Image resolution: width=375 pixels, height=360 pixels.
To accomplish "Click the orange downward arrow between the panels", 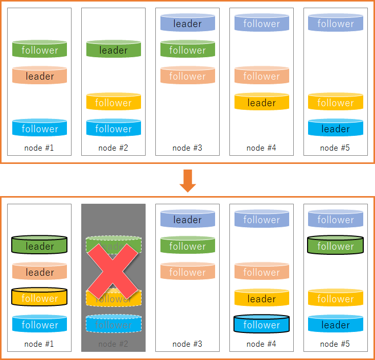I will click(x=188, y=180).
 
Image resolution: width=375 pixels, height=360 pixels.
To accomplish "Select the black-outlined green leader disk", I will click(x=39, y=245).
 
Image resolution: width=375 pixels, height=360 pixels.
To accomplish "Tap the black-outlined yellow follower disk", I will click(x=39, y=298).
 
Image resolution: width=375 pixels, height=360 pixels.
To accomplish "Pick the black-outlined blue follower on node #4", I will click(x=262, y=324).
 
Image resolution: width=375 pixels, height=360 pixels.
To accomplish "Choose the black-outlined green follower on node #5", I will click(x=335, y=245).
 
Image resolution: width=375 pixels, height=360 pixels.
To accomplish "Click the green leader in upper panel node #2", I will click(x=113, y=50).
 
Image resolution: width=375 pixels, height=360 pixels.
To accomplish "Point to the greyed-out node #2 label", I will click(x=113, y=344).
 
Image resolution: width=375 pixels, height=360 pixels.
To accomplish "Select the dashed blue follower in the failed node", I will click(x=113, y=324).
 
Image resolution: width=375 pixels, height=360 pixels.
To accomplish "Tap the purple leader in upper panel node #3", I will click(x=188, y=23).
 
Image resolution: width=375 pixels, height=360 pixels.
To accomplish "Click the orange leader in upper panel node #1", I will click(x=39, y=76).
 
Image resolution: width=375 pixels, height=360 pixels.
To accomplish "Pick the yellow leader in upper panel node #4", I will click(x=262, y=102).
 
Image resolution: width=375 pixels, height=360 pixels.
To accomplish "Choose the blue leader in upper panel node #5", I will click(x=335, y=128).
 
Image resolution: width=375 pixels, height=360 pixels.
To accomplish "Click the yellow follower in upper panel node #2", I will click(x=113, y=102).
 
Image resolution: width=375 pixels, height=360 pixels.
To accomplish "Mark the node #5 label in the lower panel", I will click(x=335, y=344).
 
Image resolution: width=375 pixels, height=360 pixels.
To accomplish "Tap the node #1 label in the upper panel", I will click(x=39, y=148).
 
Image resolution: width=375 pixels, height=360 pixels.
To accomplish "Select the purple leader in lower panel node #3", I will click(x=188, y=219).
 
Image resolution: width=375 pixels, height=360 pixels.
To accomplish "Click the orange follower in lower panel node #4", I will click(x=262, y=272).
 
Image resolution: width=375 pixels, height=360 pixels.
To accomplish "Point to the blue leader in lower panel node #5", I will click(x=335, y=324).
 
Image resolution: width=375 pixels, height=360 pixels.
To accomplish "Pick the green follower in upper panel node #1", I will click(x=39, y=50).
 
